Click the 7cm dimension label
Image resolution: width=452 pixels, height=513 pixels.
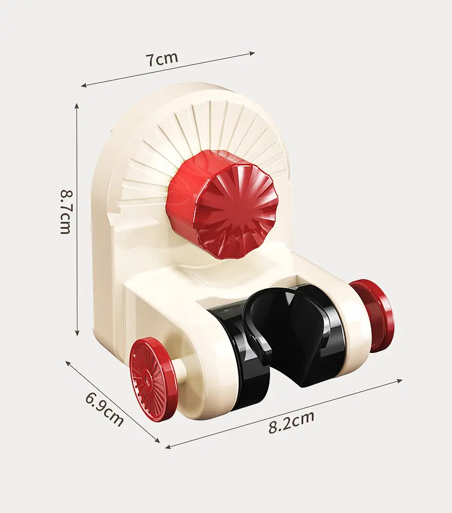(x=162, y=59)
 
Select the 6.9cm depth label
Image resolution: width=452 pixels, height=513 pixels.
(x=104, y=409)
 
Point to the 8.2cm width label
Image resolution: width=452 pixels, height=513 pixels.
(x=291, y=422)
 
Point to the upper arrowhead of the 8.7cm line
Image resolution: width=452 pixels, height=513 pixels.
(x=77, y=105)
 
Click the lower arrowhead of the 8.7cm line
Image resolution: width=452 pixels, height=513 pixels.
(x=77, y=333)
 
